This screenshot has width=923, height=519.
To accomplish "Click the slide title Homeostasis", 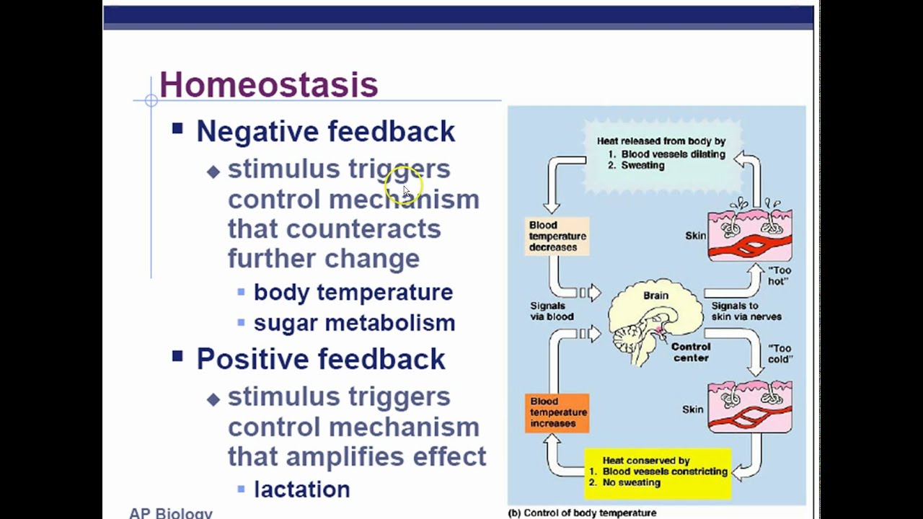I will [268, 84].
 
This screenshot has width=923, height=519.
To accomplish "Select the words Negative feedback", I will [325, 131].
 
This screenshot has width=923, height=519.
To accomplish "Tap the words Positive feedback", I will [320, 359].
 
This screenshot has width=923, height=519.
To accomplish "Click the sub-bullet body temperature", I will [353, 292].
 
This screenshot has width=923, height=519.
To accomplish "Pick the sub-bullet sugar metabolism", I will [354, 323].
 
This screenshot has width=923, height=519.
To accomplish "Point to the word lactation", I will [301, 489].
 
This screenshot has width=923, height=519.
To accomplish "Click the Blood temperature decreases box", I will [557, 236].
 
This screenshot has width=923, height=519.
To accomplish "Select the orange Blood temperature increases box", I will [557, 413].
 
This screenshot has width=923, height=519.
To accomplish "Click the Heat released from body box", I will [661, 154].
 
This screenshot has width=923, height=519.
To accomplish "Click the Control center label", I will [691, 352].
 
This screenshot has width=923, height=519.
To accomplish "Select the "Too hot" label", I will [778, 276].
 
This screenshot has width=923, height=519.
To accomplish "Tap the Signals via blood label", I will [552, 311].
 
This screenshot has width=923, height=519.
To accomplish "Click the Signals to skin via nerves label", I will [746, 311].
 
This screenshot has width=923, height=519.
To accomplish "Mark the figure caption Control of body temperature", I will [583, 513].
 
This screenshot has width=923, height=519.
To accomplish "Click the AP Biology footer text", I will [171, 513].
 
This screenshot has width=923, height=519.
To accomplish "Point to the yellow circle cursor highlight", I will [404, 186].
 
